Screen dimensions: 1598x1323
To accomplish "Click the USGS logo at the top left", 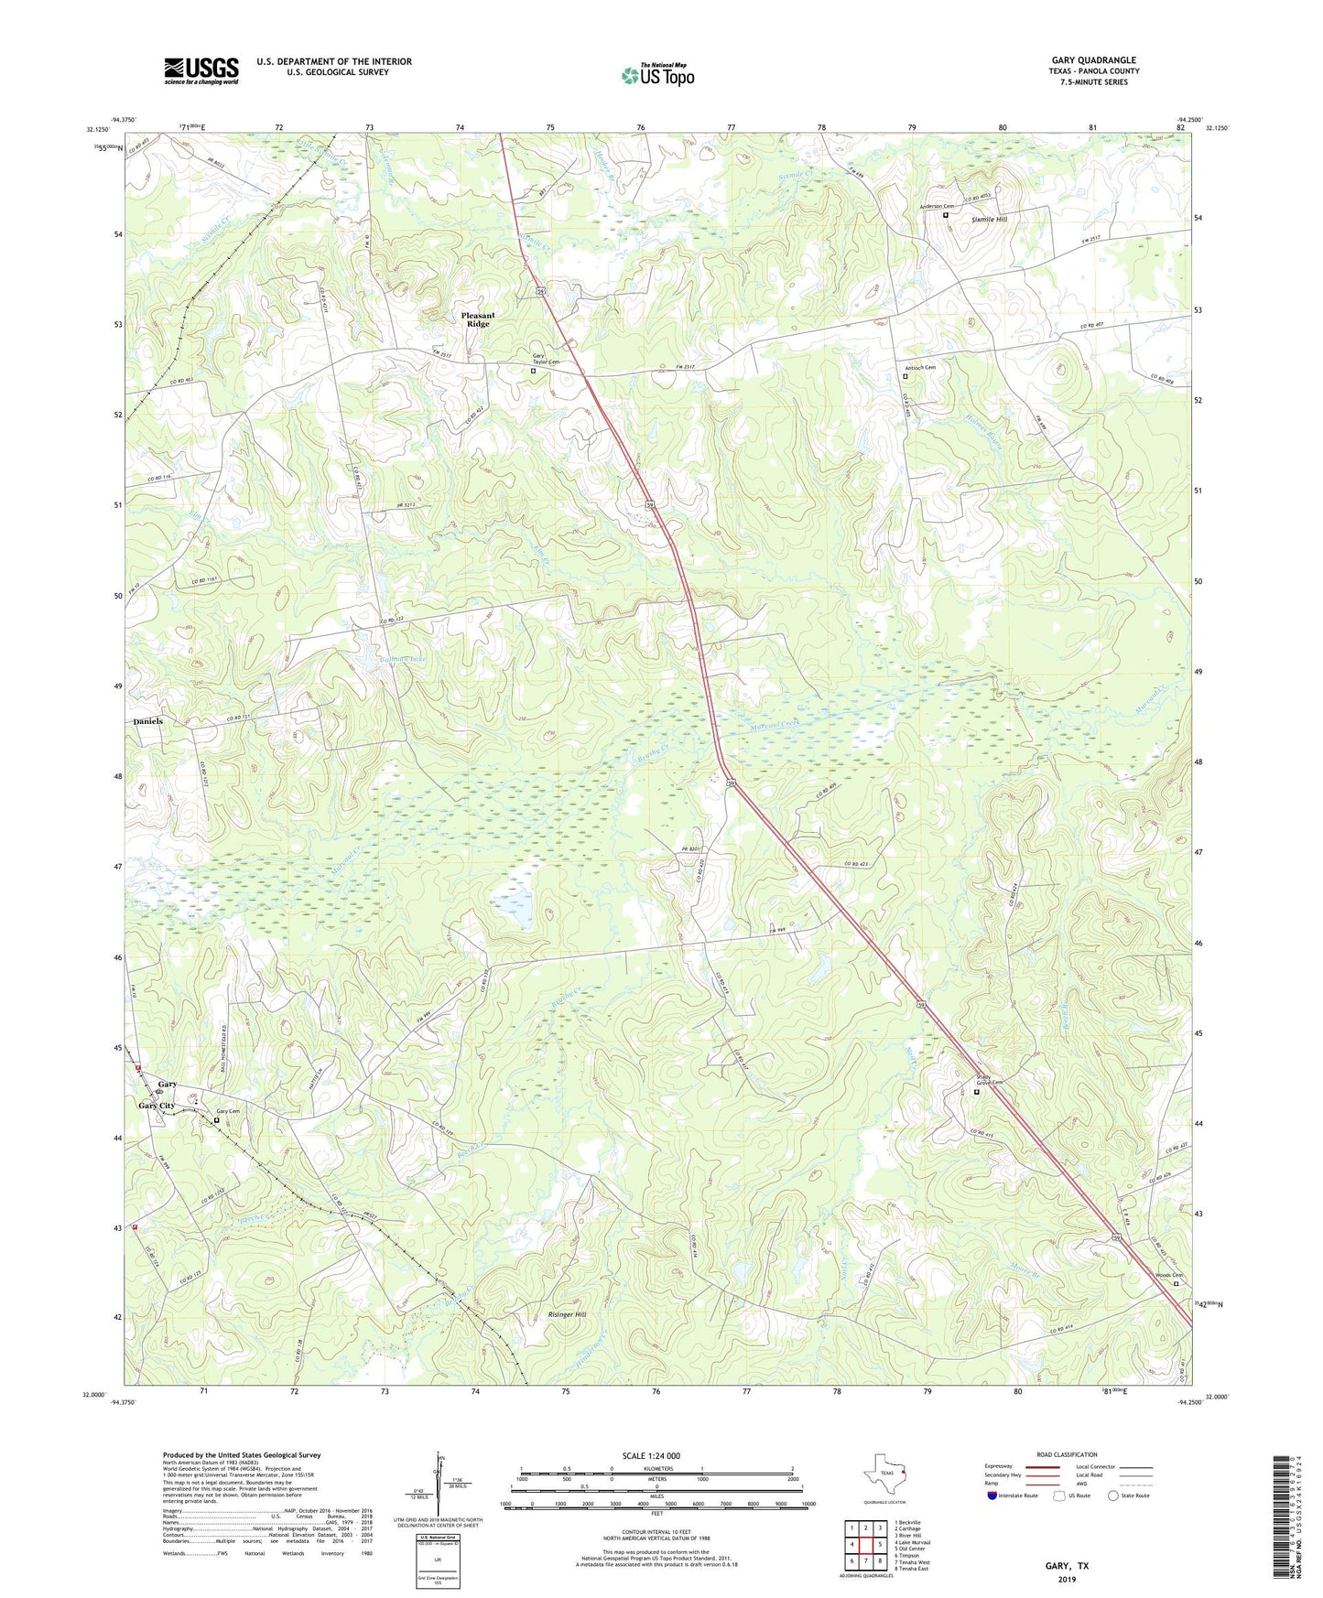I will coord(201,70).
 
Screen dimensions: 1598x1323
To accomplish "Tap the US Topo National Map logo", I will coord(657,75).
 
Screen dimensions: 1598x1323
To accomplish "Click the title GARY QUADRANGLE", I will coord(1093,60).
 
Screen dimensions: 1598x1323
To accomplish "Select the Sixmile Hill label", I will coord(989,220).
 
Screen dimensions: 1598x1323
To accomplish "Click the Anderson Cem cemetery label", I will coord(937,206).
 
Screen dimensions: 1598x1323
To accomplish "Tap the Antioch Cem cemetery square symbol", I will coord(905,376).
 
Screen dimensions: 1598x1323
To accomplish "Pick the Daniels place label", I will coord(148,721).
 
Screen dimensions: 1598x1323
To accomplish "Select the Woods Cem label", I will coord(1168,1275).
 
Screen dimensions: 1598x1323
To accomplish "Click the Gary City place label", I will coord(156,1106).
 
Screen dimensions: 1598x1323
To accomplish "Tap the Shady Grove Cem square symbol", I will coord(976,1092).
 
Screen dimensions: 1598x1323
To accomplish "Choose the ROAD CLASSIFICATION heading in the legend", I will coord(1066,1454).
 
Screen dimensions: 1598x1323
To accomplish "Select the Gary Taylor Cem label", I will coord(546,359).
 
